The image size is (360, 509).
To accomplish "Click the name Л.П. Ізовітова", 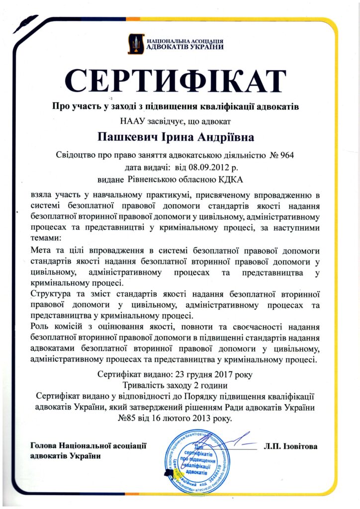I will coord(290,446).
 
